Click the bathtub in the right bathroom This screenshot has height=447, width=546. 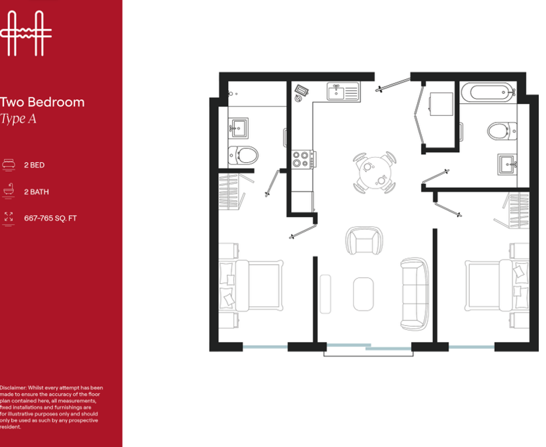[x=488, y=92]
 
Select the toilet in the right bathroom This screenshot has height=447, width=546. [x=502, y=131]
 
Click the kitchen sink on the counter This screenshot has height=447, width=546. [x=343, y=92]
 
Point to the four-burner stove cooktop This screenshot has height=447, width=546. [x=303, y=159]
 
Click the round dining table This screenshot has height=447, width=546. [x=375, y=172]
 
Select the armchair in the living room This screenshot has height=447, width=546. [x=364, y=240]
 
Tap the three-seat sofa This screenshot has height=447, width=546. [x=414, y=294]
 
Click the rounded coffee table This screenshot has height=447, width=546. [x=363, y=294]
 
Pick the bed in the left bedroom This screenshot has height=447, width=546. [x=251, y=285]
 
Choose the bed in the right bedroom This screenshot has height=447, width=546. [x=497, y=285]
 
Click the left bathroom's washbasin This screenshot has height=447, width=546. [x=239, y=128]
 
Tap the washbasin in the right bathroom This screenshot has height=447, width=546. [x=507, y=164]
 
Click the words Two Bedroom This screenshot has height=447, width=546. [x=42, y=102]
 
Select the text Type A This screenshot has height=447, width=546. [x=18, y=119]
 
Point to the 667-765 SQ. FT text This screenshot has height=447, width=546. [x=50, y=218]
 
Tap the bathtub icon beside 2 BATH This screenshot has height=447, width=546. [x=8, y=190]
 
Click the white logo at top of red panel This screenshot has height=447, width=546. [x=26, y=33]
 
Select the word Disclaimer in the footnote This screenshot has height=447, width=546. [x=13, y=388]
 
